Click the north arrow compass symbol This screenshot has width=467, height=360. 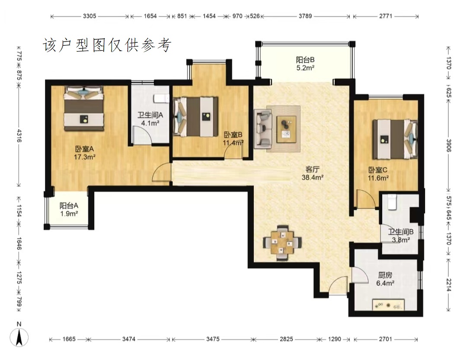19,337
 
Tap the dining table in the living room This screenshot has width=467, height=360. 282,243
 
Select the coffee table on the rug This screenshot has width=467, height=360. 287,129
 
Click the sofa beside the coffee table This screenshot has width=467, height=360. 263,129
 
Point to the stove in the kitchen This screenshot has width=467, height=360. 388,305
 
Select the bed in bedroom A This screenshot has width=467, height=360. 84,108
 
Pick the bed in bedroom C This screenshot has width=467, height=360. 395,139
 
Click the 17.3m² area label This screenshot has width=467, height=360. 85,157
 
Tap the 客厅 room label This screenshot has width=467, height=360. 313,170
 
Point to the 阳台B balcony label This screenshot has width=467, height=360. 305,60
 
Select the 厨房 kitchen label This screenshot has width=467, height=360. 385,275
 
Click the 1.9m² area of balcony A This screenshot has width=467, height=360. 69,213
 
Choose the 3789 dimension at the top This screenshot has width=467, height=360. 305,16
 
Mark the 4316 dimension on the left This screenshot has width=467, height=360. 19,135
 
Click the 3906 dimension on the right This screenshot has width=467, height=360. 448,145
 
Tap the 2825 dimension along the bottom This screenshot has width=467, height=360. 286,339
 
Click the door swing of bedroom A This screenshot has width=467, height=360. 161,172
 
